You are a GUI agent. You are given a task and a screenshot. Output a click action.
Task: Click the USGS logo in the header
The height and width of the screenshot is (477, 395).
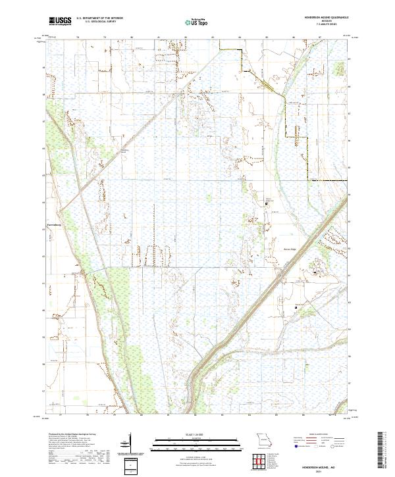pos(60,21)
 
